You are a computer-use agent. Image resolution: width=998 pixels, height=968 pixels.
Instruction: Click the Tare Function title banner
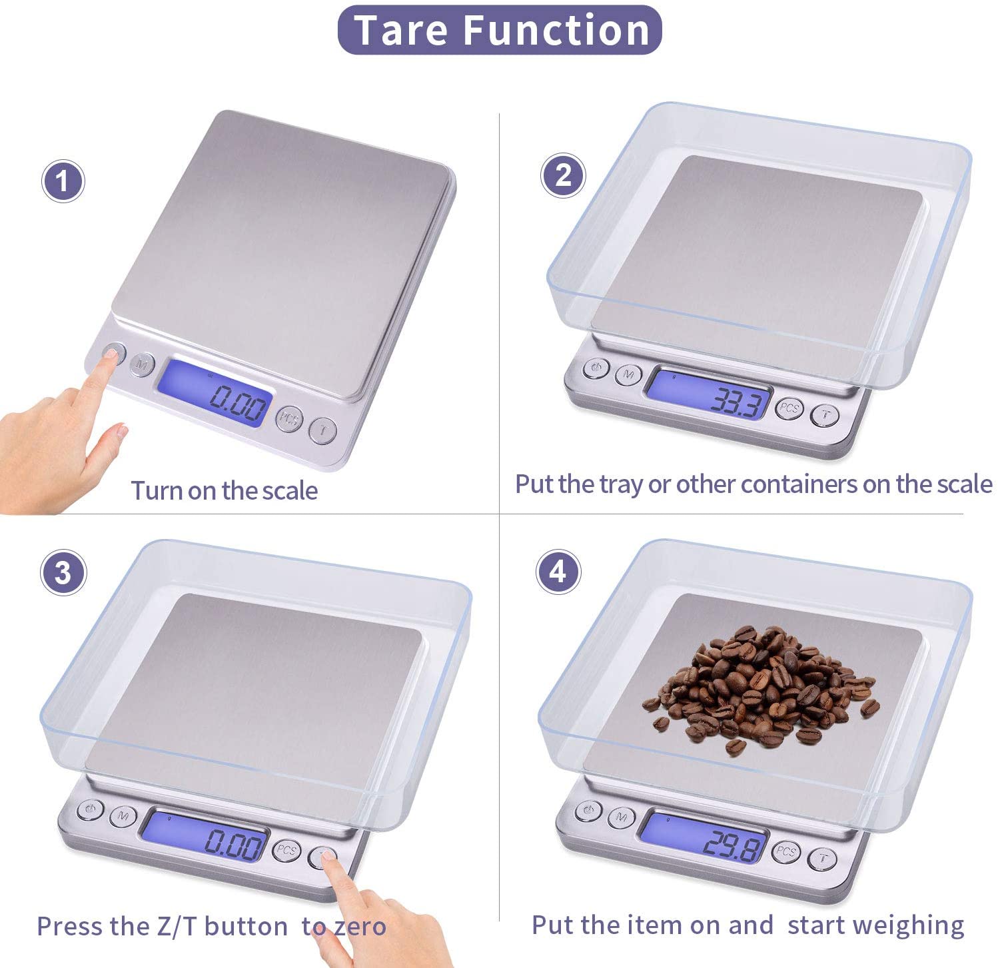coord(500,30)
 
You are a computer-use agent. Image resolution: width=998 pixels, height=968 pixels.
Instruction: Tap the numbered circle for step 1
coord(63,181)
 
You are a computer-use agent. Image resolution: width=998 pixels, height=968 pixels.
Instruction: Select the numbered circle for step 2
coord(564,175)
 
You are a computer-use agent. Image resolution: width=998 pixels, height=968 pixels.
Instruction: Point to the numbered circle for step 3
coord(63,572)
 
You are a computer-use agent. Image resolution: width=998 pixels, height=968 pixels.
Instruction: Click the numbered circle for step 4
coord(558,572)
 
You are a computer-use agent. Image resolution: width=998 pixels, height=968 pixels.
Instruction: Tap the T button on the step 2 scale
coord(825,415)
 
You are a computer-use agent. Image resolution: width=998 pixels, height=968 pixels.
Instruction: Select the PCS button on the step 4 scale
coord(787,851)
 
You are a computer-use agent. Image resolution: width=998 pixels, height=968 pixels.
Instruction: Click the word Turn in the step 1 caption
coord(156,491)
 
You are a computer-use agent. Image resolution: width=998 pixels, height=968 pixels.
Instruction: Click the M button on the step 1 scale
coord(142,364)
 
